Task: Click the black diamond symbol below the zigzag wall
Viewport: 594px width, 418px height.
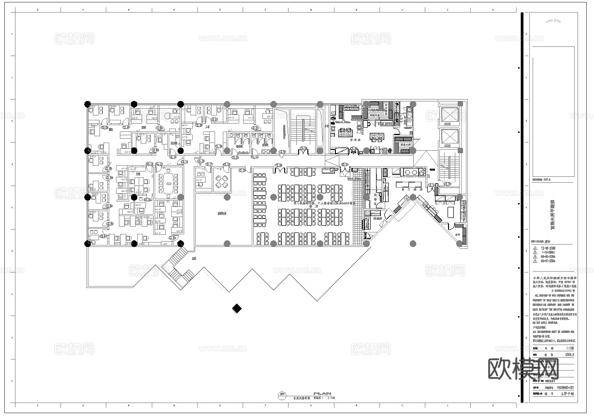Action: pyautogui.click(x=237, y=308)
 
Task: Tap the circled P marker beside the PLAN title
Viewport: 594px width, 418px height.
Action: pyautogui.click(x=281, y=396)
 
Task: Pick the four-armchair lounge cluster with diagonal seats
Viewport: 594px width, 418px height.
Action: pyautogui.click(x=222, y=182)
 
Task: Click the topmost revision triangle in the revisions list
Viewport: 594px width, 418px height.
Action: pyautogui.click(x=534, y=248)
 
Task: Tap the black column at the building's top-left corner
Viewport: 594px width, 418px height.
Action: pyautogui.click(x=87, y=103)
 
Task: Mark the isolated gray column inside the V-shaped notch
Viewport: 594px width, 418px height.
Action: pyautogui.click(x=412, y=244)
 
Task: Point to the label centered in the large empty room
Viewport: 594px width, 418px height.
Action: pyautogui.click(x=222, y=213)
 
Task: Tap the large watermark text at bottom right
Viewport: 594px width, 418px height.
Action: pyautogui.click(x=523, y=370)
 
